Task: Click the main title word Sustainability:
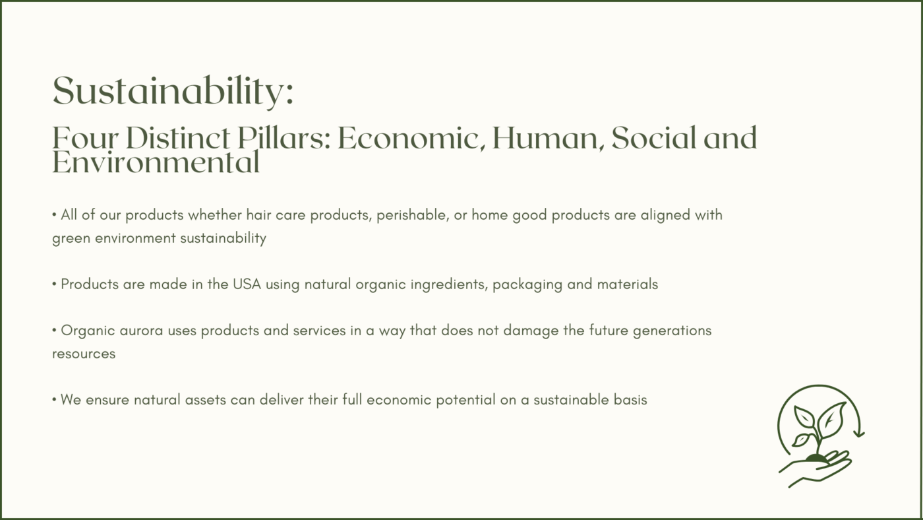pos(173,92)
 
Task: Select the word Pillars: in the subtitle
pos(284,138)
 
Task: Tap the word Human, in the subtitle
pos(549,138)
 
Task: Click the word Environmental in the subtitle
pos(156,162)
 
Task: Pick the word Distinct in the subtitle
pos(177,138)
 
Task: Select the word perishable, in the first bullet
pos(413,215)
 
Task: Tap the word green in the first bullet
pos(71,239)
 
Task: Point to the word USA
pos(247,284)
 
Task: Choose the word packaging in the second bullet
pos(527,285)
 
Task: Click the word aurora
pos(141,331)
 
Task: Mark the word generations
pos(672,331)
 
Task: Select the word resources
pos(84,354)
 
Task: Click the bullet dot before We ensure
pos(54,400)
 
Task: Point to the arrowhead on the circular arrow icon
pos(858,433)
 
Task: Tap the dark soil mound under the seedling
pos(816,458)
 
